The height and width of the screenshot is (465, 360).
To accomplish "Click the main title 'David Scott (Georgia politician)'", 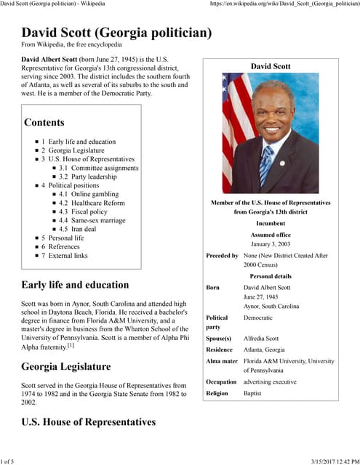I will pos(116,33).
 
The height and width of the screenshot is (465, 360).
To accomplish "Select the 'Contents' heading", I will pos(44,123).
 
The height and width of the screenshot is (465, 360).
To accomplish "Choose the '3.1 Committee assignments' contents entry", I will pos(99,168).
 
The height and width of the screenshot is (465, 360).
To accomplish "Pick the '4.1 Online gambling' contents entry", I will pos(91,194).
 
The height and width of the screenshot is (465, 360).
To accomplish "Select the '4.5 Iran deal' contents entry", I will pos(82,229).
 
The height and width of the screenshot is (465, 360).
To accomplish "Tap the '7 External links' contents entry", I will pos(68,255).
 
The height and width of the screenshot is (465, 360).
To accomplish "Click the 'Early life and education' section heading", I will pos(75,285).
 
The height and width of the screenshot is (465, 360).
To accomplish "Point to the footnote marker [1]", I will pos(71,346).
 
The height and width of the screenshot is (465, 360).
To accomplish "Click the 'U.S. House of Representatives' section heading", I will pos(88,421).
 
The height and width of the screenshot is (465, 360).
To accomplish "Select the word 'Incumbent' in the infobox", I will pos(271,224).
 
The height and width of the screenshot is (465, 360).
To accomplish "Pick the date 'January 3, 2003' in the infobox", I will pos(271,245).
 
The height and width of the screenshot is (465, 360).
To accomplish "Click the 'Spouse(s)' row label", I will pos(218,339).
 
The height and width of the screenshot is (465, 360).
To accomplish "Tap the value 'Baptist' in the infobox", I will pos(255,392).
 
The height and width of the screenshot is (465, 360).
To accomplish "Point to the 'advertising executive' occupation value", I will pos(275,381).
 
